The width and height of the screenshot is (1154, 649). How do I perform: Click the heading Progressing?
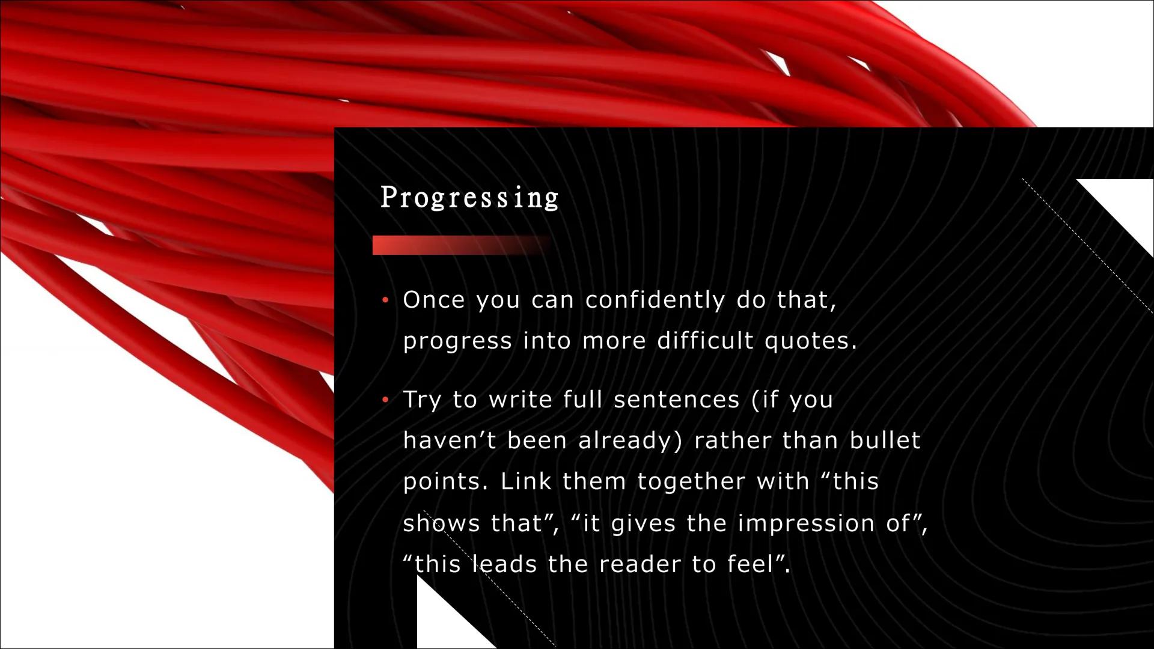pyautogui.click(x=469, y=198)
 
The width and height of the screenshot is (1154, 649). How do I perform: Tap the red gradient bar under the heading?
pyautogui.click(x=460, y=245)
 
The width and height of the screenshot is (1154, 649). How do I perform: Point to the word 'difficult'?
pyautogui.click(x=705, y=341)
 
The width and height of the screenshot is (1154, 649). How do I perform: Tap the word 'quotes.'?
pyautogui.click(x=811, y=342)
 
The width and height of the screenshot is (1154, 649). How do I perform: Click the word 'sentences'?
pyautogui.click(x=676, y=400)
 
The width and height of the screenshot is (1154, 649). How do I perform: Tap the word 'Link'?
pyautogui.click(x=525, y=481)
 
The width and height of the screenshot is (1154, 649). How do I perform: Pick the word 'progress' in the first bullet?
pyautogui.click(x=457, y=342)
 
